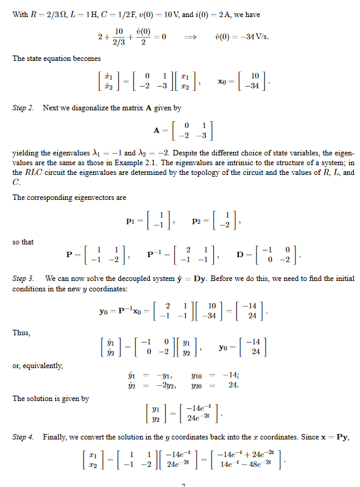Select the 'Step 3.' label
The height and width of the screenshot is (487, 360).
[24, 279]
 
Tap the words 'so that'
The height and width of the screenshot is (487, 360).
[23, 242]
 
